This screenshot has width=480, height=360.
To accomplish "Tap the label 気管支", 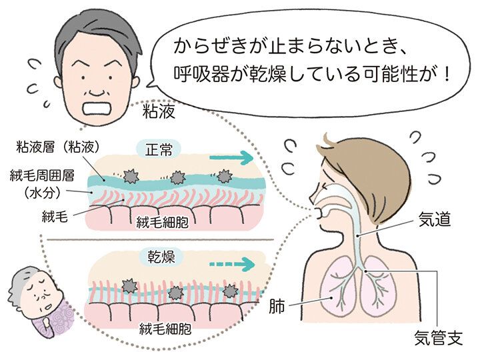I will pyautogui.click(x=435, y=339).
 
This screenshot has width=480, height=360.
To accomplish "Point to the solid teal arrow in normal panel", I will pyautogui.click(x=231, y=157).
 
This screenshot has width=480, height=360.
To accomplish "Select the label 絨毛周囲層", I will pyautogui.click(x=37, y=175).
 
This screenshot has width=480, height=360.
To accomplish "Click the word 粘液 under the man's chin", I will pyautogui.click(x=159, y=111).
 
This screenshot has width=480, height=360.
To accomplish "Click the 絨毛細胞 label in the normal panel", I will pyautogui.click(x=165, y=221).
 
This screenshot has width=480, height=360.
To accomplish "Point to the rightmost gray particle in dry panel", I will pyautogui.click(x=229, y=290).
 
